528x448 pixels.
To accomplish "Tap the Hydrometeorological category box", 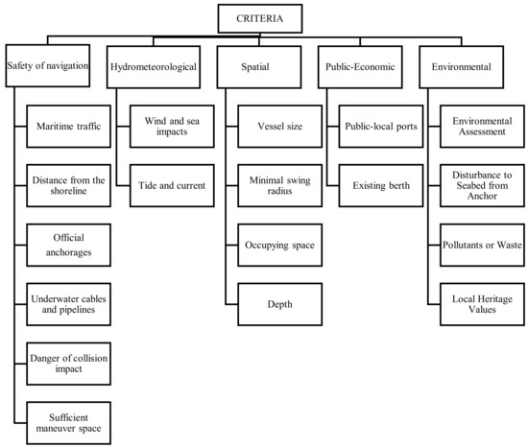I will pyautogui.click(x=156, y=66).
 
